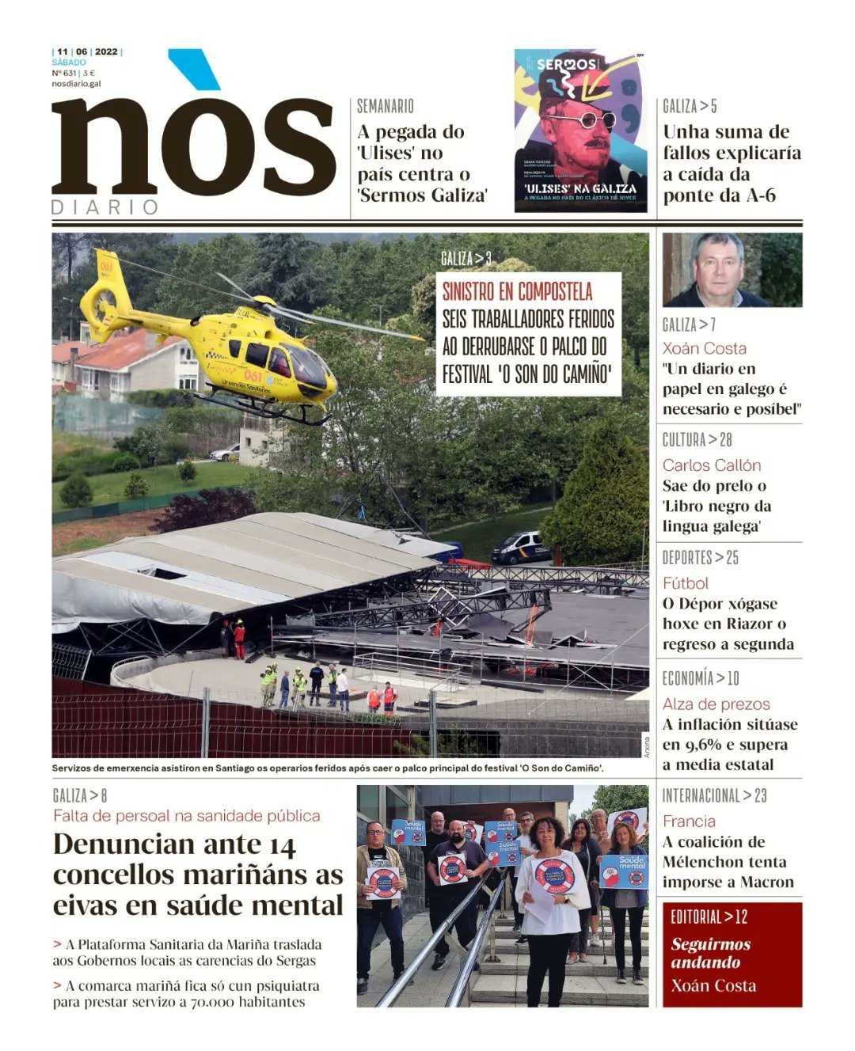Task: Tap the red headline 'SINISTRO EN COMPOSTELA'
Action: coord(517,292)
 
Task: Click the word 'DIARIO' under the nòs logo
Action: coord(104,207)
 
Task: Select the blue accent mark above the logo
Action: coord(194,68)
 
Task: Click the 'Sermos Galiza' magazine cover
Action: coord(580,131)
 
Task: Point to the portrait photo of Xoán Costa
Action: coord(731,270)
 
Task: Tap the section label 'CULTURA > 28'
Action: coord(697,440)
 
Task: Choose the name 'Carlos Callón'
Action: coord(712,465)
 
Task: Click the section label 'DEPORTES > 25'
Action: coord(700,558)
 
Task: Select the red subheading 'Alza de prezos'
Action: coord(716,704)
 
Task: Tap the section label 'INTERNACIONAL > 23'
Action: coord(714,796)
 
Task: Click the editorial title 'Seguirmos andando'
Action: coord(710,953)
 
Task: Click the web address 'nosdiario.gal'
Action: coord(76,83)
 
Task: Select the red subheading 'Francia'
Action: coord(689,821)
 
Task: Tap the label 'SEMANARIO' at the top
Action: coord(385,106)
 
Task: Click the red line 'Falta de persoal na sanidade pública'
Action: coord(186,815)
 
